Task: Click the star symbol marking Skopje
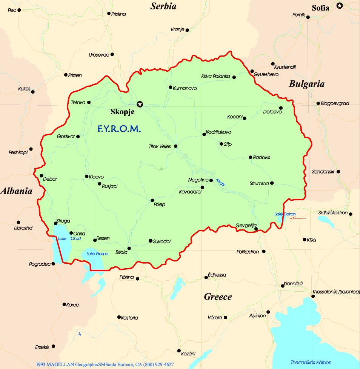[x=140, y=104]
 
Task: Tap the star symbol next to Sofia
[x=340, y=5]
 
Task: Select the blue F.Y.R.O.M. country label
[x=119, y=129]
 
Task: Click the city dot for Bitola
[x=129, y=248]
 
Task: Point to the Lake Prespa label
[x=96, y=253]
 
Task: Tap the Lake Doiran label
[x=285, y=214]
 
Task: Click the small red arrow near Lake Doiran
[x=298, y=218]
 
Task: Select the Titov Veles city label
[x=160, y=146]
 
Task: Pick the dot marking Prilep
[x=152, y=200]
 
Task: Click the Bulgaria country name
[x=306, y=84]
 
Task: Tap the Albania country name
[x=16, y=191]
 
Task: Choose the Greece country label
[x=218, y=297]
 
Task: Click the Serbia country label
[x=163, y=6]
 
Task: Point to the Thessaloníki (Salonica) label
[x=336, y=292]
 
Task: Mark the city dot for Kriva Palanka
[x=234, y=77]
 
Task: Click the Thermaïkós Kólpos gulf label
[x=311, y=362]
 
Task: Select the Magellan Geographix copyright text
[x=105, y=364]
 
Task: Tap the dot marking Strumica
[x=272, y=183]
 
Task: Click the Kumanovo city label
[x=185, y=88]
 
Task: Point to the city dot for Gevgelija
[x=256, y=229]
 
